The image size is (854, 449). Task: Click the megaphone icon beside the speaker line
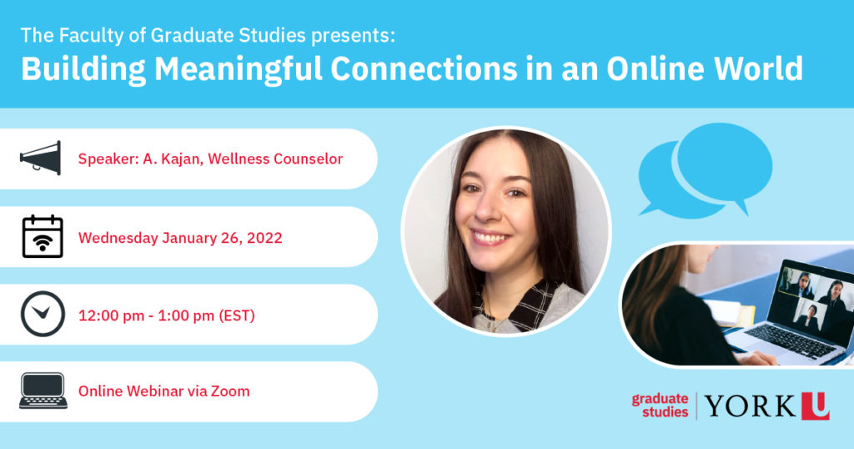[x=41, y=158]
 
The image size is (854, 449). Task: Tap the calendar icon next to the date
[x=43, y=236]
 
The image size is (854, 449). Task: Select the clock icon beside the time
[x=43, y=314]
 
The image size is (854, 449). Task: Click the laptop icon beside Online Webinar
[x=43, y=391]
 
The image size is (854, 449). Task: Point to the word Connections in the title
[x=424, y=68]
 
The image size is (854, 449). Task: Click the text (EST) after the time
[x=236, y=315]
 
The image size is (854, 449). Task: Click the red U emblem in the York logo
[x=816, y=406]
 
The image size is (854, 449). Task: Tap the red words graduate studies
[x=661, y=406]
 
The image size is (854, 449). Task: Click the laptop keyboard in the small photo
[x=790, y=341]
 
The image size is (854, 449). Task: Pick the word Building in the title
[x=84, y=69]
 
